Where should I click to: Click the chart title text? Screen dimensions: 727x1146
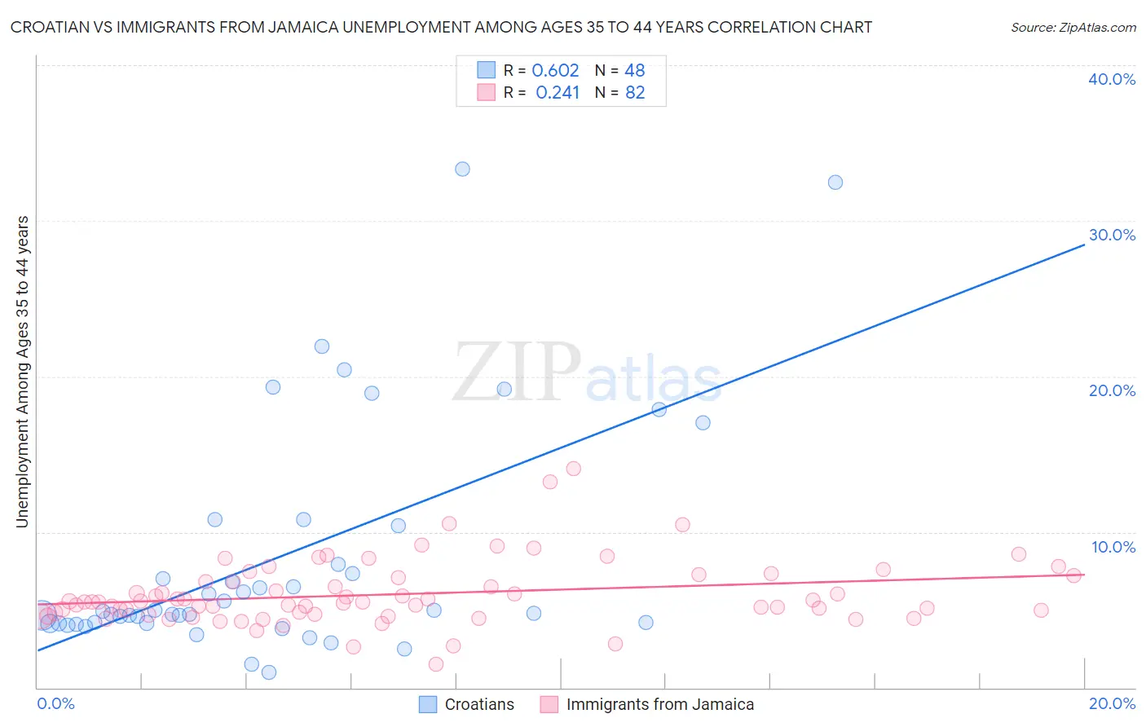coord(441,27)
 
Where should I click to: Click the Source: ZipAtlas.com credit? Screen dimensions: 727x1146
coord(1073,27)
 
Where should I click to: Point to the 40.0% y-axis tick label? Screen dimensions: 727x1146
coord(1112,79)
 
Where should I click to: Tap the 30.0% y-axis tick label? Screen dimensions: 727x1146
coord(1112,235)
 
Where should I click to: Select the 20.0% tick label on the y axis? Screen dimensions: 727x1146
coord(1112,390)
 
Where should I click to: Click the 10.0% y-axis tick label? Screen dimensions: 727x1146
coord(1113,547)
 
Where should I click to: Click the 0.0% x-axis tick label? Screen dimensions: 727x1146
coord(55,703)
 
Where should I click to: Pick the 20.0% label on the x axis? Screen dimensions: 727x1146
coord(1112,703)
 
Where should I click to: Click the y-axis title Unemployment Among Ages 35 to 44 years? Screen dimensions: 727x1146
coord(23,372)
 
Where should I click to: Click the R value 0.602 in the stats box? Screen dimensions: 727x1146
coord(555,71)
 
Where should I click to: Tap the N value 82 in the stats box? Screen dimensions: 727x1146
coord(635,93)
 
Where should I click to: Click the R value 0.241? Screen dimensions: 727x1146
coord(558,93)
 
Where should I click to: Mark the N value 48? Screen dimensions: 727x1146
coord(635,71)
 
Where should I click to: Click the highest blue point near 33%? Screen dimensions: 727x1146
coord(462,170)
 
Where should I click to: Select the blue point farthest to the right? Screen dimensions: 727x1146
coord(835,183)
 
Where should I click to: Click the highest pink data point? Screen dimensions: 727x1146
coord(573,469)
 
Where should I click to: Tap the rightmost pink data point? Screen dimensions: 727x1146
coord(1073,575)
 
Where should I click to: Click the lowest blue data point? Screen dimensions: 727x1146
coord(269,672)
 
